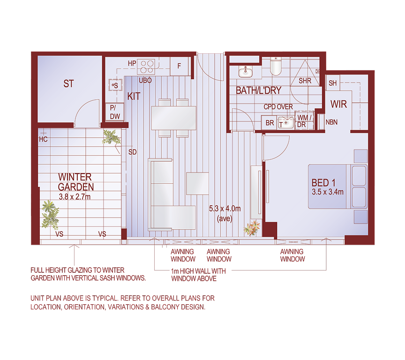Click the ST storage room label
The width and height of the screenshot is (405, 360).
pos(69,84)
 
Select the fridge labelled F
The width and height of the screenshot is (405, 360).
pos(179,66)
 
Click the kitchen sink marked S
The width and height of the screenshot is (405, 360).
pos(115,85)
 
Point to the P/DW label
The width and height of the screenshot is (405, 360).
pos(114,111)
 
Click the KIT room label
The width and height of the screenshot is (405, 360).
pos(134,97)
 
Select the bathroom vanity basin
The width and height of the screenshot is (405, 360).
pos(245,72)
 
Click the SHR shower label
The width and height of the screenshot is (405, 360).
pos(305,81)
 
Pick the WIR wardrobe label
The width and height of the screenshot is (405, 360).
pos(338,104)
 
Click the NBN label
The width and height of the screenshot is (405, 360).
pos(331,123)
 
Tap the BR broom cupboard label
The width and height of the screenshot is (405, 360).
pos(270,123)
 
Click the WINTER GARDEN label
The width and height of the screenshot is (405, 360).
pos(75,181)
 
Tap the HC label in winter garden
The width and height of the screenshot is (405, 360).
pos(43,139)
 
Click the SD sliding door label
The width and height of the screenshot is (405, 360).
pos(133,152)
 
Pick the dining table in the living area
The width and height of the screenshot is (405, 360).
pos(174,118)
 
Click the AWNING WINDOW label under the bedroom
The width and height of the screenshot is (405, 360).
pos(292,255)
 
